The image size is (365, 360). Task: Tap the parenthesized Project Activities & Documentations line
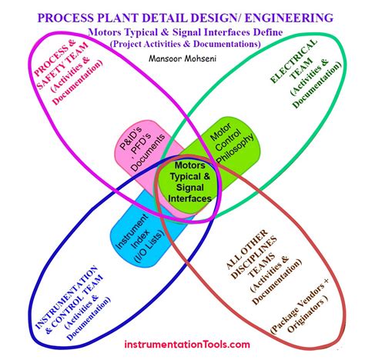tap(185, 44)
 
